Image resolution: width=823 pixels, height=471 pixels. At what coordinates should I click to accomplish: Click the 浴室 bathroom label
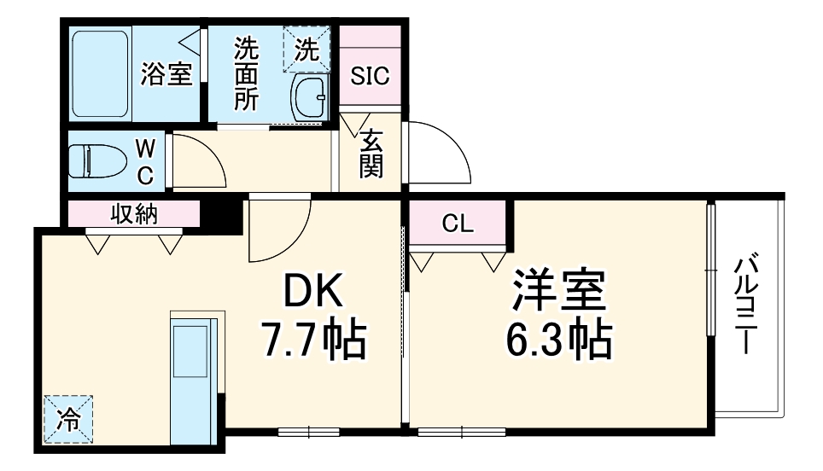pos(166,75)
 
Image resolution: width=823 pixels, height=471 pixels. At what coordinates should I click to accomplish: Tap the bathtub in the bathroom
pos(100,75)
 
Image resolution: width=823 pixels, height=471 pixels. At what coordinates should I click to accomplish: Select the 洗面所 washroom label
pos(246,75)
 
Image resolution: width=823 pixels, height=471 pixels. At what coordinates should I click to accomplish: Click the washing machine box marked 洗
pos(306,49)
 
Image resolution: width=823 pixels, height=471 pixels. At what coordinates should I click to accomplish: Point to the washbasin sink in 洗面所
pos(309,98)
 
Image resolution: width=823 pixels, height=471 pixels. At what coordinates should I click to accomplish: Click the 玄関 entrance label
pos(371,154)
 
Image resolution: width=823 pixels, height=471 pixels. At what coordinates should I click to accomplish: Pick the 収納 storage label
pos(134,214)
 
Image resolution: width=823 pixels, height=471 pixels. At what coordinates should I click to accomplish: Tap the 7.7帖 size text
pos(312,340)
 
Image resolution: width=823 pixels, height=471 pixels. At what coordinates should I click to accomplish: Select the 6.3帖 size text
pos(559,340)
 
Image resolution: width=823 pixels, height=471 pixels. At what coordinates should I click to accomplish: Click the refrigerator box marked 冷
pos(67,419)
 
